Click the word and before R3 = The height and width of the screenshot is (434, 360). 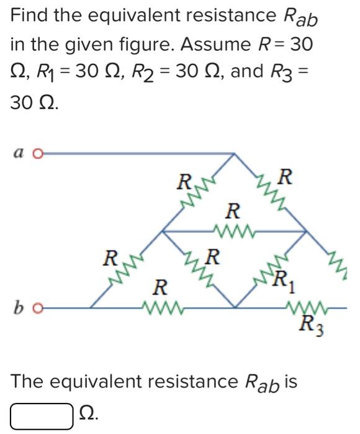[x=251, y=73]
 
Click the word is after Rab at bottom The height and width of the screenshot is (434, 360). [x=289, y=381]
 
